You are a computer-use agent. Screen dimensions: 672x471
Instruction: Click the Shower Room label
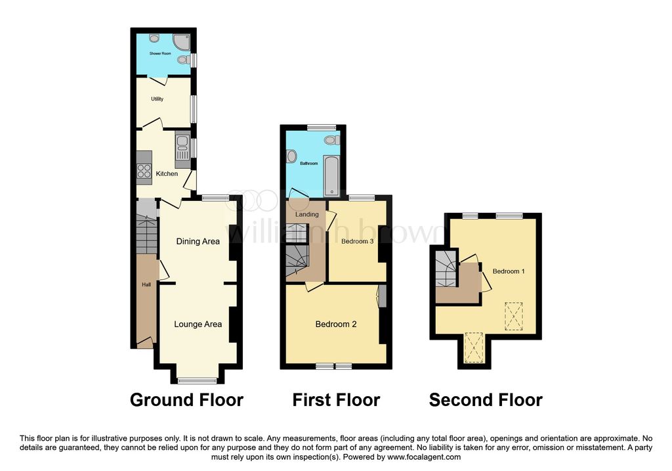(x=160, y=54)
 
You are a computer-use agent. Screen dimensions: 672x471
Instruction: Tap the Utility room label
(x=157, y=99)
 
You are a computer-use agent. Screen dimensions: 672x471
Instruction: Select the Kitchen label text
(x=167, y=173)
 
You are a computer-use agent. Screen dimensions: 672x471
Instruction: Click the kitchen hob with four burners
(x=144, y=171)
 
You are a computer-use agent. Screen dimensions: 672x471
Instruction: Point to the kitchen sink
(x=182, y=146)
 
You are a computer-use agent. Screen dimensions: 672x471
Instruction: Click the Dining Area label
(x=198, y=242)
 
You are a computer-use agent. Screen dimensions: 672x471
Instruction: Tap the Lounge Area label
(x=198, y=325)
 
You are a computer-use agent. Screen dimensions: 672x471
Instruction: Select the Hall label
(x=146, y=285)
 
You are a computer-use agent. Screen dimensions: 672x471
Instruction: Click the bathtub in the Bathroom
(x=331, y=176)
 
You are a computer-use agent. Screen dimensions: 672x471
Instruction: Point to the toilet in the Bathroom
(x=332, y=140)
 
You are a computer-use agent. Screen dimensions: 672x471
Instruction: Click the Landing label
(x=307, y=215)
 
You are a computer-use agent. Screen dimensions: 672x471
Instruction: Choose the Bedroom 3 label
(x=358, y=242)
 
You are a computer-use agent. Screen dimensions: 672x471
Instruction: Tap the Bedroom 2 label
(x=336, y=325)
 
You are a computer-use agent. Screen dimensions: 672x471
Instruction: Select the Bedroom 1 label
(x=509, y=271)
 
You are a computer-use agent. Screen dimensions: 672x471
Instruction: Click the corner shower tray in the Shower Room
(x=182, y=41)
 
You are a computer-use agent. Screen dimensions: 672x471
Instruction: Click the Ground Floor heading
(x=187, y=400)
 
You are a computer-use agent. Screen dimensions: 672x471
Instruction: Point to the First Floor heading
(x=337, y=400)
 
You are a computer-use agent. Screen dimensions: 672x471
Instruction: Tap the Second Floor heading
(x=486, y=400)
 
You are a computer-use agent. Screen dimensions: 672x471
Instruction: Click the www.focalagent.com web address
(x=424, y=457)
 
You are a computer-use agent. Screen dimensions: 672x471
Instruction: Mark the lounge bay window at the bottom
(x=198, y=380)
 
